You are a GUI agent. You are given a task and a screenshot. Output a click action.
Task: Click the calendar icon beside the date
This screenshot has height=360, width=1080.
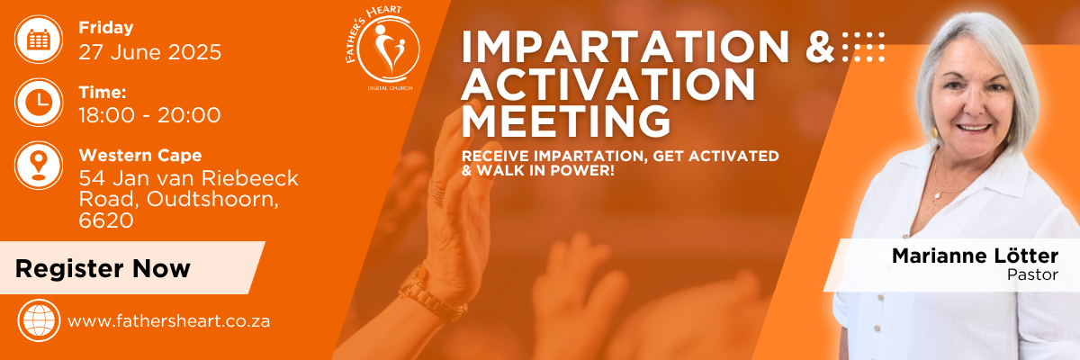[x=39, y=39]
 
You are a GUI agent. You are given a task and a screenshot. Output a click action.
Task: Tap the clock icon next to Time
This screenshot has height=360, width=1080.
[x=39, y=103]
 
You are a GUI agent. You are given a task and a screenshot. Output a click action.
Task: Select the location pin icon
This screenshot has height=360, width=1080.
[x=39, y=166]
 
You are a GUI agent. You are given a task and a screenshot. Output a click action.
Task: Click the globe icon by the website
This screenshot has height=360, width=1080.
[x=39, y=320]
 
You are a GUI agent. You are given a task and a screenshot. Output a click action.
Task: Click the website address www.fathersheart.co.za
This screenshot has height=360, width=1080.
[x=169, y=321]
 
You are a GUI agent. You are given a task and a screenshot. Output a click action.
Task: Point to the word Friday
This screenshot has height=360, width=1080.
[x=106, y=28]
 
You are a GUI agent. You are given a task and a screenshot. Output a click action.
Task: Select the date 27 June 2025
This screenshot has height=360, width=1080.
[x=150, y=52]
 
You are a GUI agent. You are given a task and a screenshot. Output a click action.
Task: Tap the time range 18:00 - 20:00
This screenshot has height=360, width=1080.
[x=149, y=115]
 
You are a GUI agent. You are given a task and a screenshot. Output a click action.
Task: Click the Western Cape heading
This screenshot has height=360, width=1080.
[x=140, y=155]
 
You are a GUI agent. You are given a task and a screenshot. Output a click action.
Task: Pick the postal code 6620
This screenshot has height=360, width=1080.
[x=106, y=220]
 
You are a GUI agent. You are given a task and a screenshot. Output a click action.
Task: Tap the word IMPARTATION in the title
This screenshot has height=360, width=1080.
[x=625, y=47]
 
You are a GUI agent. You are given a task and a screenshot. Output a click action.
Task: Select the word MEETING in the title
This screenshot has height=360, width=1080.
[x=566, y=121]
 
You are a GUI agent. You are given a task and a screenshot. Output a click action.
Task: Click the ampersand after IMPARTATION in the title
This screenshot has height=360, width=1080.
[x=820, y=47]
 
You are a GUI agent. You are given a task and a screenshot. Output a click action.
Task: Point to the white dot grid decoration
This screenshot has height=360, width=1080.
[x=863, y=47]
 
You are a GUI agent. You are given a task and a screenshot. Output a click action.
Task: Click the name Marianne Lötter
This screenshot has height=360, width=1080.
[x=975, y=256]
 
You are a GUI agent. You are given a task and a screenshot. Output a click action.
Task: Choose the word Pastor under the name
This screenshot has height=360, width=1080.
[x=1032, y=274]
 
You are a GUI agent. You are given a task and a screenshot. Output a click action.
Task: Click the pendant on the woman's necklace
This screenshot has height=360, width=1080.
[x=937, y=195]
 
